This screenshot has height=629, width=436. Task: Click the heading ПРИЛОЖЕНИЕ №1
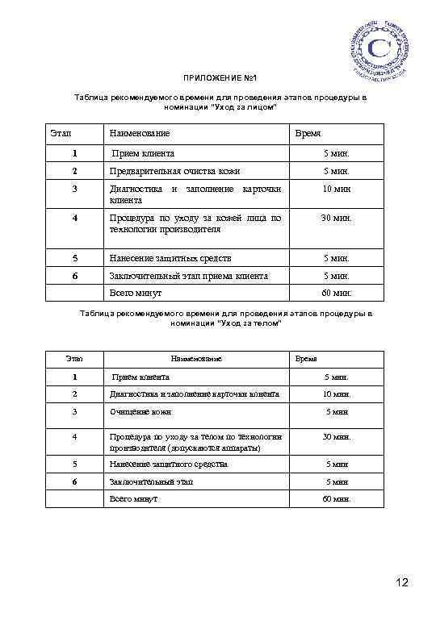click(x=219, y=79)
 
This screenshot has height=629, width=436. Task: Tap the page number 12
click(x=404, y=582)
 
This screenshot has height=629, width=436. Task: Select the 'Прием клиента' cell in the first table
click(x=144, y=152)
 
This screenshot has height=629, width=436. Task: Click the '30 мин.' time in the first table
click(x=336, y=218)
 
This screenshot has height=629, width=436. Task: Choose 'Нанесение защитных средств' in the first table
click(x=170, y=258)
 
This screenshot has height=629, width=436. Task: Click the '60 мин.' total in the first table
click(x=336, y=294)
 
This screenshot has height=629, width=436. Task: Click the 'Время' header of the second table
click(x=306, y=357)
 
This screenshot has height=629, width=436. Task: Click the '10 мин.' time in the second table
click(x=337, y=394)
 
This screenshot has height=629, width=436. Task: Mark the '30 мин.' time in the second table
click(x=337, y=436)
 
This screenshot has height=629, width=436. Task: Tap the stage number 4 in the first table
click(x=74, y=218)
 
